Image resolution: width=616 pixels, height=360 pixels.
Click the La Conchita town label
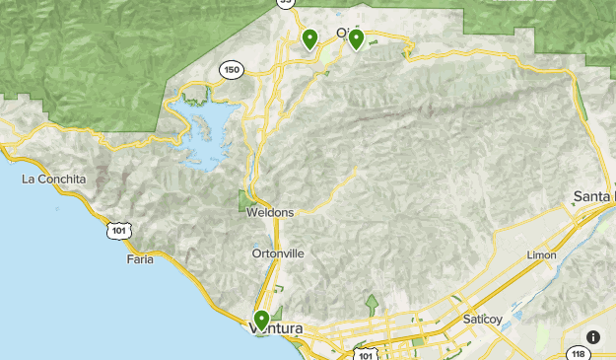coord(54,180)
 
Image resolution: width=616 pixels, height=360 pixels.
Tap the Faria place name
coord(140,258)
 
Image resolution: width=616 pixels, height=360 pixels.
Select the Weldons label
coord(271,212)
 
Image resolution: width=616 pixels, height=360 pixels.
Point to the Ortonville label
coord(278,253)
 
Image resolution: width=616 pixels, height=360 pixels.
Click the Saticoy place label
coord(483,319)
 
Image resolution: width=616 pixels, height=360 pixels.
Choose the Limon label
coord(542,254)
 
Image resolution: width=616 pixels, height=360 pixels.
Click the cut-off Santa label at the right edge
coord(594,197)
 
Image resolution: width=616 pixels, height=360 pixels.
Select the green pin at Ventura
coord(261,321)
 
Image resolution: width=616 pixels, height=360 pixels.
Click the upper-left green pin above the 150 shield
coord(309,39)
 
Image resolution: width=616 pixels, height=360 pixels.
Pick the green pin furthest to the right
coord(356,38)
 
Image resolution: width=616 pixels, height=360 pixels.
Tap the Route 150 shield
coord(232,69)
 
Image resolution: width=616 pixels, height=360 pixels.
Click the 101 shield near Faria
coord(119,230)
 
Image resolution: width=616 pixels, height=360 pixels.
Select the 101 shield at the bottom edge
coord(366,352)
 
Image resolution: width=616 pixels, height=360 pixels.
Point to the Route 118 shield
coord(579,353)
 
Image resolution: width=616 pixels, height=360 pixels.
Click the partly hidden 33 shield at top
coord(285,3)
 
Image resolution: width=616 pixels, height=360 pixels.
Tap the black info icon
coord(593,336)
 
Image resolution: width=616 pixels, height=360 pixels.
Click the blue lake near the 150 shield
coord(209,128)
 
